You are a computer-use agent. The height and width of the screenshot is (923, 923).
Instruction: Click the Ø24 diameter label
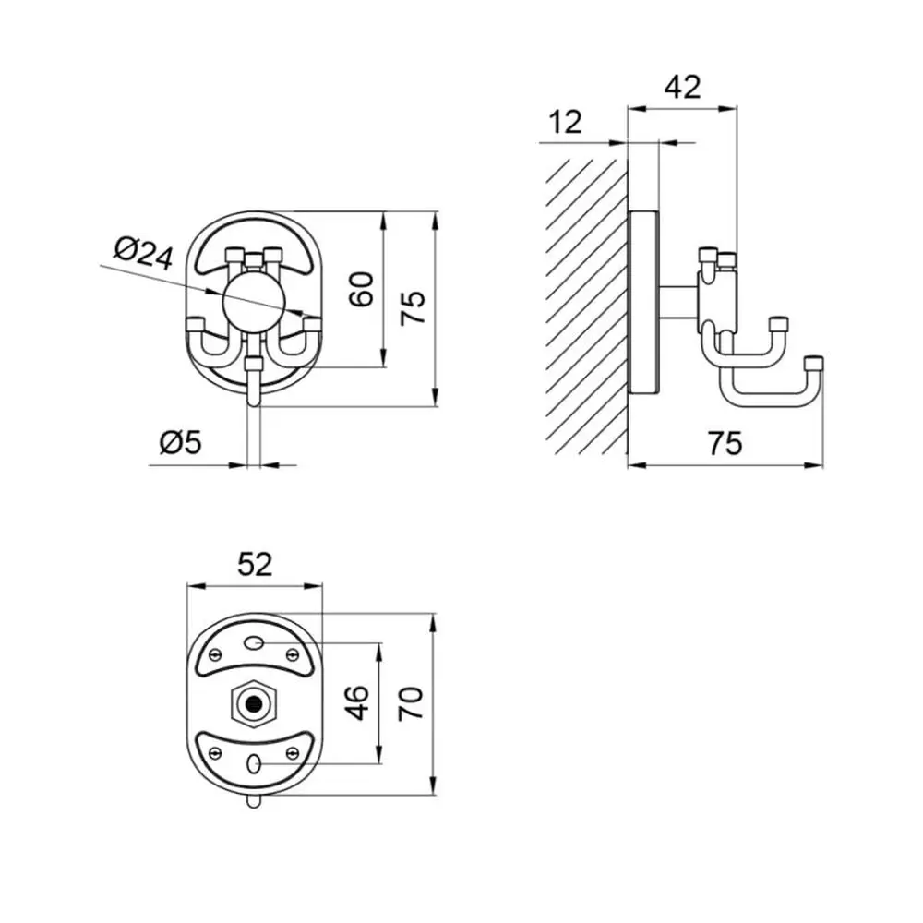pyautogui.click(x=144, y=254)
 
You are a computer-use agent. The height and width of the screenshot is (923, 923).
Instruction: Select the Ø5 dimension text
pyautogui.click(x=180, y=441)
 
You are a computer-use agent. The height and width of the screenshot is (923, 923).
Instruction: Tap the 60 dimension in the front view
pyautogui.click(x=362, y=289)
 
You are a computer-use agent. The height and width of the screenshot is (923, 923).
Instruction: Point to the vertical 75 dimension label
pyautogui.click(x=413, y=306)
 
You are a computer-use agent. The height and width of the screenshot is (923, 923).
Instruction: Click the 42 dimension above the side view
pyautogui.click(x=683, y=87)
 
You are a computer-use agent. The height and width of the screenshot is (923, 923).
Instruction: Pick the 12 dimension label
pyautogui.click(x=565, y=122)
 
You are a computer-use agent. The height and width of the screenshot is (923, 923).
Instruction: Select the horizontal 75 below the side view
pyautogui.click(x=725, y=443)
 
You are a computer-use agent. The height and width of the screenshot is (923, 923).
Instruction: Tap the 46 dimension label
pyautogui.click(x=356, y=702)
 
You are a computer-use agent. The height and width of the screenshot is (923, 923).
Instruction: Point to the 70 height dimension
pyautogui.click(x=411, y=702)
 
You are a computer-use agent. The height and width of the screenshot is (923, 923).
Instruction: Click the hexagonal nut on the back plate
pyautogui.click(x=255, y=702)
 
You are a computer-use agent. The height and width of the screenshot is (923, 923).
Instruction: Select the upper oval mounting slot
pyautogui.click(x=255, y=642)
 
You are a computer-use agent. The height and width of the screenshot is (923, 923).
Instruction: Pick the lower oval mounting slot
pyautogui.click(x=255, y=764)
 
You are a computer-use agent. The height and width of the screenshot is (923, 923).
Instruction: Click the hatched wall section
pyautogui.click(x=586, y=306)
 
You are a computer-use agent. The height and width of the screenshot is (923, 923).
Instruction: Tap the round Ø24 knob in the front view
pyautogui.click(x=255, y=305)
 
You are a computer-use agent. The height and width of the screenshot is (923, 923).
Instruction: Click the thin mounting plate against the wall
pyautogui.click(x=643, y=302)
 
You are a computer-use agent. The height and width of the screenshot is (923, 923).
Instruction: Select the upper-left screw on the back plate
pyautogui.click(x=215, y=653)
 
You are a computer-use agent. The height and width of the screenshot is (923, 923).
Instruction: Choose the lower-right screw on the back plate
pyautogui.click(x=293, y=753)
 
